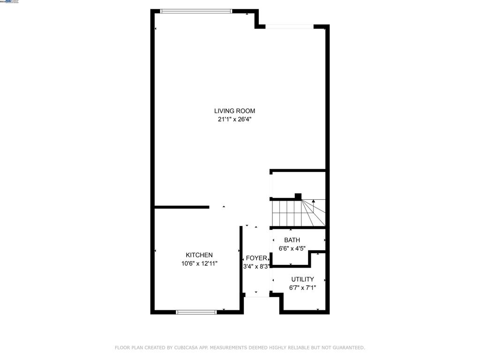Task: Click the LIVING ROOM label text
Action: pos(234,111)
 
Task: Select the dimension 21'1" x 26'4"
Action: pos(234,119)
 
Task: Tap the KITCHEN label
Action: pos(199,255)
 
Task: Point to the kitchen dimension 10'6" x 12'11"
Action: pos(199,263)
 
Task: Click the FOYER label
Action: pos(256,258)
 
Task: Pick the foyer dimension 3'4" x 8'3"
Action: pos(256,266)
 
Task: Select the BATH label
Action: pos(292,240)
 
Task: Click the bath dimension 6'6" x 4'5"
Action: pos(292,248)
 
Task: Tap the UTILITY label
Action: pos(302,279)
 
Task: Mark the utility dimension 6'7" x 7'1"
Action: pos(302,287)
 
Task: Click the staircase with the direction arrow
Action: pos(298,213)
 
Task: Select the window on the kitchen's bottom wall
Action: pos(196,312)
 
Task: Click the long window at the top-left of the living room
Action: pos(196,11)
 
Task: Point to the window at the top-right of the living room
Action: pos(289,27)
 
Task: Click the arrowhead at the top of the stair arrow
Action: pos(313,201)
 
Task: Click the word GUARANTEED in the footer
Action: pos(347,347)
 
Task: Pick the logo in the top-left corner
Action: pos(10,2)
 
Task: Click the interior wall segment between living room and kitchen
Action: pos(182,207)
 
